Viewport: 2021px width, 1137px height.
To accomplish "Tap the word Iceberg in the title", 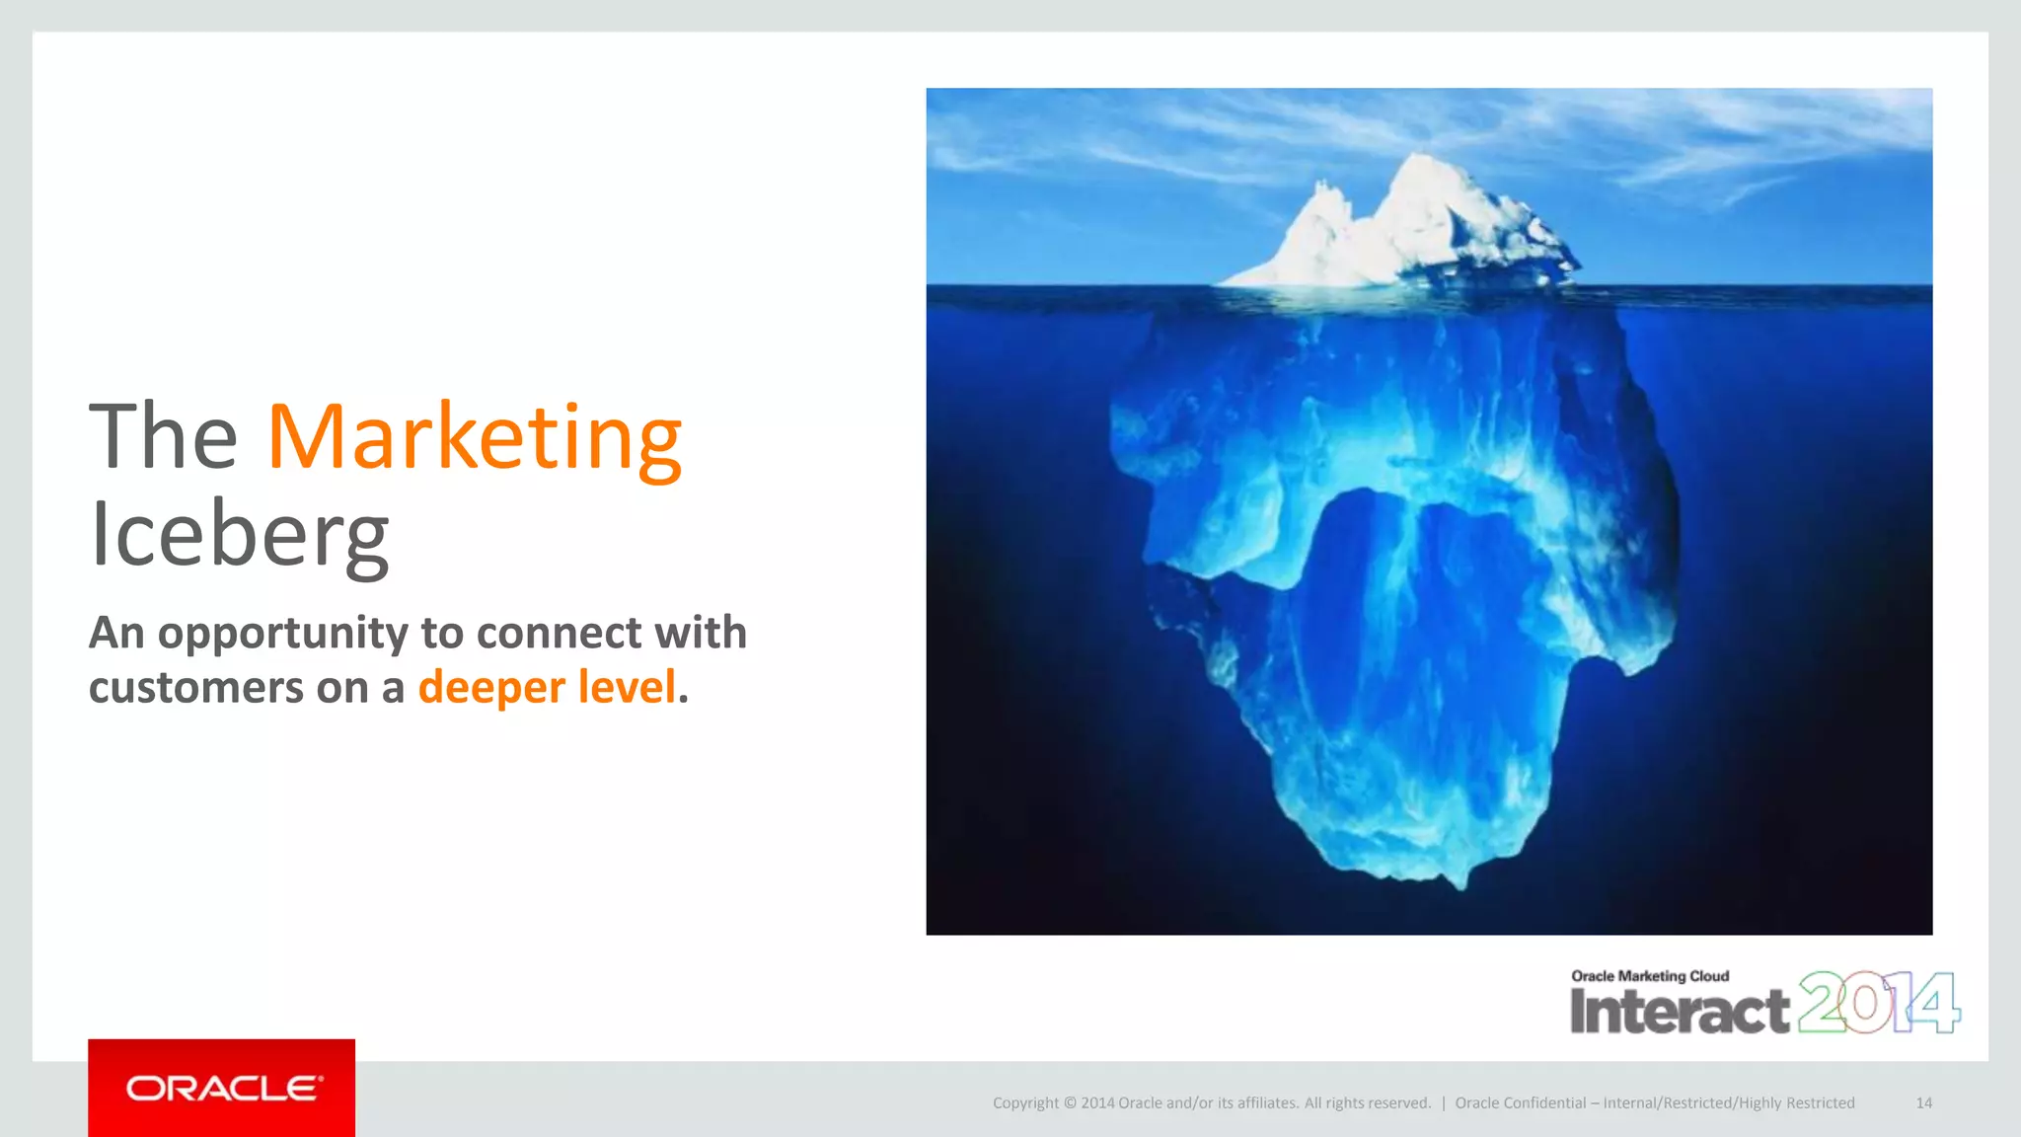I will (x=239, y=534).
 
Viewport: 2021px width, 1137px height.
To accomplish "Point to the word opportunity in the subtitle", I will (x=282, y=635).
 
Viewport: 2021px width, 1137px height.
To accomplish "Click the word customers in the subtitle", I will (x=195, y=688).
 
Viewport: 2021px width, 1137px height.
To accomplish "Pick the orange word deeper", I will (x=491, y=688).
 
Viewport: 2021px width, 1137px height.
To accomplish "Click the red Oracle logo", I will (x=222, y=1088).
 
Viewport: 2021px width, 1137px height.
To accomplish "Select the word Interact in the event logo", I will (x=1679, y=1012).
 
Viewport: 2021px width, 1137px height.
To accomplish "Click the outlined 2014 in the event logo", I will (x=1878, y=1003).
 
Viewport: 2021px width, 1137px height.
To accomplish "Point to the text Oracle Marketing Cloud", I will (x=1650, y=976).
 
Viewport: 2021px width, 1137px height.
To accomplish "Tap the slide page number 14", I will (x=1923, y=1103).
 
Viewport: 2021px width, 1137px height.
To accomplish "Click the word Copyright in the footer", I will (x=1025, y=1103).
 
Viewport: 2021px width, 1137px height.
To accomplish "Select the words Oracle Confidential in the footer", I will (x=1520, y=1103).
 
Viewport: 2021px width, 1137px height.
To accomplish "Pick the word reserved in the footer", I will (x=1396, y=1103).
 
